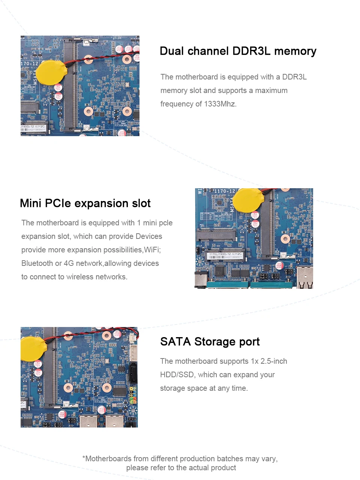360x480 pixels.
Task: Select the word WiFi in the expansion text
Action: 152,250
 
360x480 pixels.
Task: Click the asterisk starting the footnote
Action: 84,458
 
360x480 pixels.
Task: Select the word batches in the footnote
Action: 230,459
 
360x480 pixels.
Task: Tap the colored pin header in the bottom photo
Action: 132,395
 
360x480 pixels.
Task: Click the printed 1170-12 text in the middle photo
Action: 224,191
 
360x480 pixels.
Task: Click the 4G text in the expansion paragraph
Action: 69,263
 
